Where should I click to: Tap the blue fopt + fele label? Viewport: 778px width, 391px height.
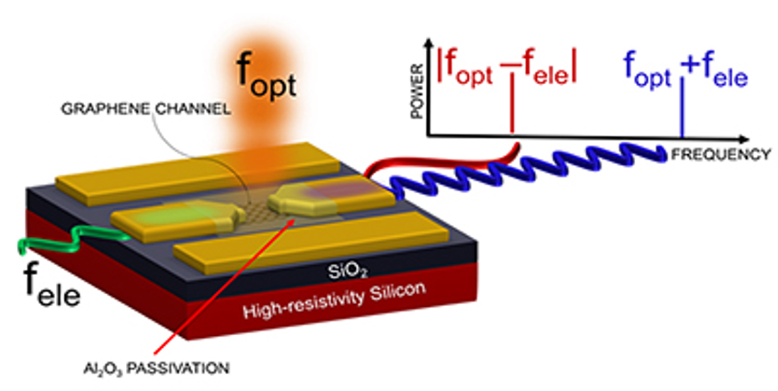(685, 69)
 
